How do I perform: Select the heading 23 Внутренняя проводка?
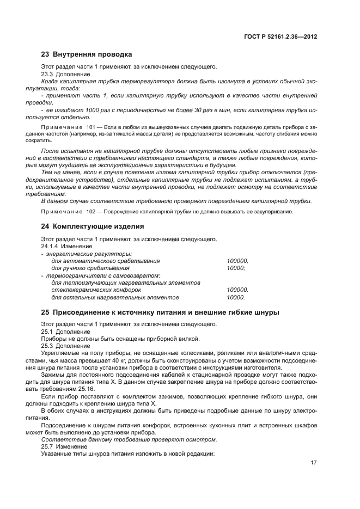[87, 54]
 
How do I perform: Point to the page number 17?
[313, 463]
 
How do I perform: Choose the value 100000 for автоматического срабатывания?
[237, 261]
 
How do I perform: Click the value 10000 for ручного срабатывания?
[236, 268]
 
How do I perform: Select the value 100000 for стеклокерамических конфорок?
[237, 290]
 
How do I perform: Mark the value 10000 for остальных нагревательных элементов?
[236, 298]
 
